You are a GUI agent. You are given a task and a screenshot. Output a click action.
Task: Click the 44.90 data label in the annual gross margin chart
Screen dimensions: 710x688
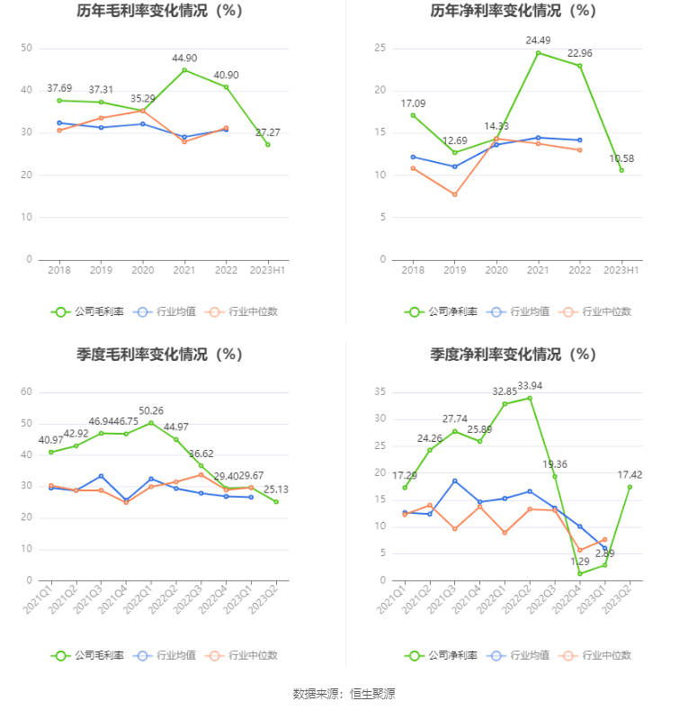click(184, 58)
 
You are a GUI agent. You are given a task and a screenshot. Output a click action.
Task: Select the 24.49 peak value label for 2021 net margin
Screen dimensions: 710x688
click(538, 40)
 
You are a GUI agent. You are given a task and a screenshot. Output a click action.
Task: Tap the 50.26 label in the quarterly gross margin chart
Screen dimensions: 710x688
click(151, 411)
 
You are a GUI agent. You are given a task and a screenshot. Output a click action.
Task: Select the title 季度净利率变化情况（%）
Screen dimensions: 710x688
click(514, 355)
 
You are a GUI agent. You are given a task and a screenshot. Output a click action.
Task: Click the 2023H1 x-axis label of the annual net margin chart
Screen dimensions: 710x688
click(621, 270)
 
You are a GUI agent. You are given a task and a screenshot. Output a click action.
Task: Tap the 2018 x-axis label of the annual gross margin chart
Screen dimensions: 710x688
click(59, 270)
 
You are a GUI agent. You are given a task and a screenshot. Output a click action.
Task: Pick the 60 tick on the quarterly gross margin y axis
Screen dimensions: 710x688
click(26, 391)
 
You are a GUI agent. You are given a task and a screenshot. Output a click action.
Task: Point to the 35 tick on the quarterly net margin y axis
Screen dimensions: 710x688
click(380, 391)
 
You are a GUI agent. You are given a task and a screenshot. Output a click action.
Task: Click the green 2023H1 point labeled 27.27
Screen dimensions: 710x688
click(267, 144)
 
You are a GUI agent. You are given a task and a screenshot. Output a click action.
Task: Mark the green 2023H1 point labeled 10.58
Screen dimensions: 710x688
click(621, 170)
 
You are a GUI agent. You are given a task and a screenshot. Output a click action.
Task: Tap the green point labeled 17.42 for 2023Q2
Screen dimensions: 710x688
click(630, 487)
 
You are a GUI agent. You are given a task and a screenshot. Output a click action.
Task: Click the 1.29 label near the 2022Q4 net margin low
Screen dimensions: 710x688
click(579, 562)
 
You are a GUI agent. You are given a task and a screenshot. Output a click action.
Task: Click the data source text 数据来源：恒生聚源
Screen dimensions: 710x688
click(344, 694)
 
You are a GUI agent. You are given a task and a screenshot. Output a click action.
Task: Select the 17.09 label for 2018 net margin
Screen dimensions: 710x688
click(413, 103)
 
